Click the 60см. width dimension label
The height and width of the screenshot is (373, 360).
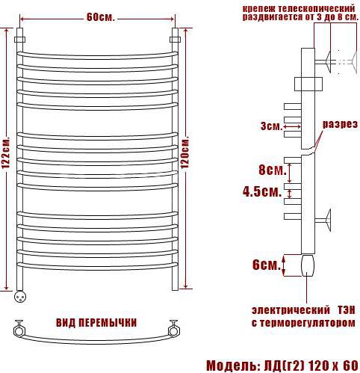click(x=101, y=17)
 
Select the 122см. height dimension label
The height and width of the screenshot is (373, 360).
click(x=6, y=152)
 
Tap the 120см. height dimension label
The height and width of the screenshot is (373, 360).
click(x=185, y=152)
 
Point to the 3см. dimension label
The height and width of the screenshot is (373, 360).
click(x=271, y=126)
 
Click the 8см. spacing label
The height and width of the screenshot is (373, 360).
click(x=272, y=170)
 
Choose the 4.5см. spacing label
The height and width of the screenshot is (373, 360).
click(x=262, y=192)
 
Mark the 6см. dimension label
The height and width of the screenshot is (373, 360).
click(x=267, y=265)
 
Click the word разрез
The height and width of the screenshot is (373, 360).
click(x=340, y=124)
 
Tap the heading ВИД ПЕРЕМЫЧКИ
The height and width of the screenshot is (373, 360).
click(x=96, y=323)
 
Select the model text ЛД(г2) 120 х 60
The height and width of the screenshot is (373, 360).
click(x=311, y=366)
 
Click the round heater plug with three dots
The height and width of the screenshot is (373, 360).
click(x=20, y=297)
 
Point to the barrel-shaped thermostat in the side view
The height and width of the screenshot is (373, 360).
click(x=308, y=265)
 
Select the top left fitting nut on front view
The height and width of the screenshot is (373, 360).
click(x=20, y=40)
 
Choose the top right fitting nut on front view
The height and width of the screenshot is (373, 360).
click(x=175, y=40)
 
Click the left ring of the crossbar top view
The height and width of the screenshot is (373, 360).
click(x=19, y=331)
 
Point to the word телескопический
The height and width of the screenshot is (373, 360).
click(x=317, y=9)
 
